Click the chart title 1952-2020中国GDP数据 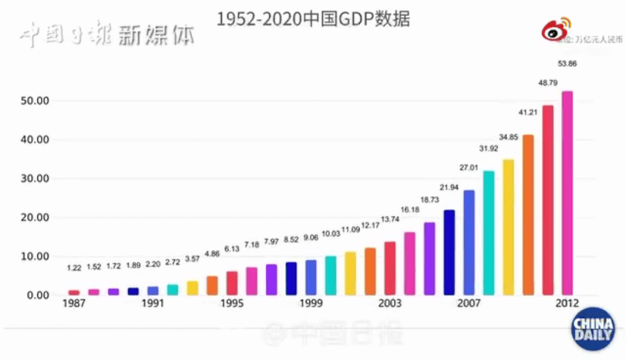313,19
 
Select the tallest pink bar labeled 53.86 567,191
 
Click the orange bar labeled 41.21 528,214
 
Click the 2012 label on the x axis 566,304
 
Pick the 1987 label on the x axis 74,304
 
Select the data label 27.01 468,168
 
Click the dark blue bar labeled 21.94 449,252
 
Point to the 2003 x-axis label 390,304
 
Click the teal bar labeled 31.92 489,232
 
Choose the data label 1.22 74,268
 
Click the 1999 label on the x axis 311,304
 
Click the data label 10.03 330,234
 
